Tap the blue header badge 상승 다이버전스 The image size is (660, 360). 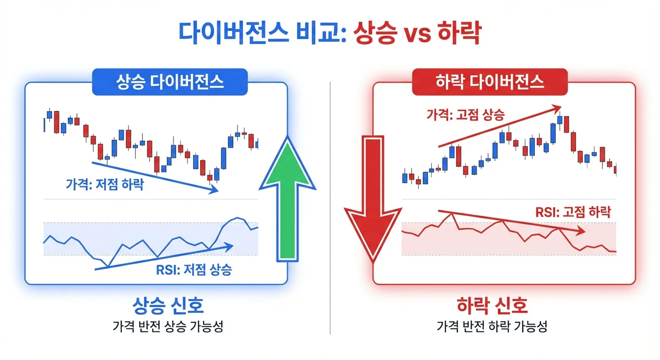[170, 82]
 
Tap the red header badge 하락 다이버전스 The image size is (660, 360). [489, 82]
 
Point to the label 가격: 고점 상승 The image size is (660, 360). [465, 114]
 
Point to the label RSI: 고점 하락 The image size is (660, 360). [573, 211]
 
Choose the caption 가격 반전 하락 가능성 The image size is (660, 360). [492, 327]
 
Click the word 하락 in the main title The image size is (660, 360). [458, 34]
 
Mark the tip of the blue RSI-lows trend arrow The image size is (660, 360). [233, 244]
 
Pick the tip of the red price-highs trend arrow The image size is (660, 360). [561, 106]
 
